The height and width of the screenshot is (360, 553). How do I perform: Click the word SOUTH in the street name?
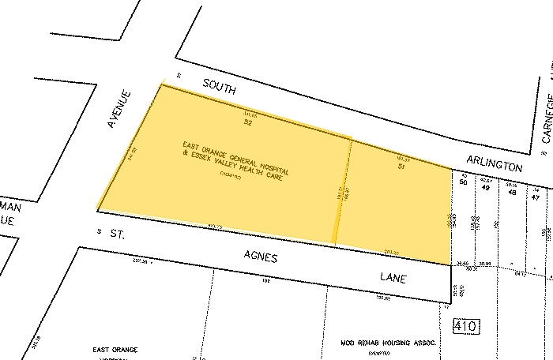220,87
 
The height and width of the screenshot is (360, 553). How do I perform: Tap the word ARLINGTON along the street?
495,165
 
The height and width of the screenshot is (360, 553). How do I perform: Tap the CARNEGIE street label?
545,115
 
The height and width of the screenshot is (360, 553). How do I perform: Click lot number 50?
463,182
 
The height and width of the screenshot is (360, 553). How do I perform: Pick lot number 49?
486,188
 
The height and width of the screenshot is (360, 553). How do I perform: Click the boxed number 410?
464,325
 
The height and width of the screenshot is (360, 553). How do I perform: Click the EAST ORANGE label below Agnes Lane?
115,348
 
